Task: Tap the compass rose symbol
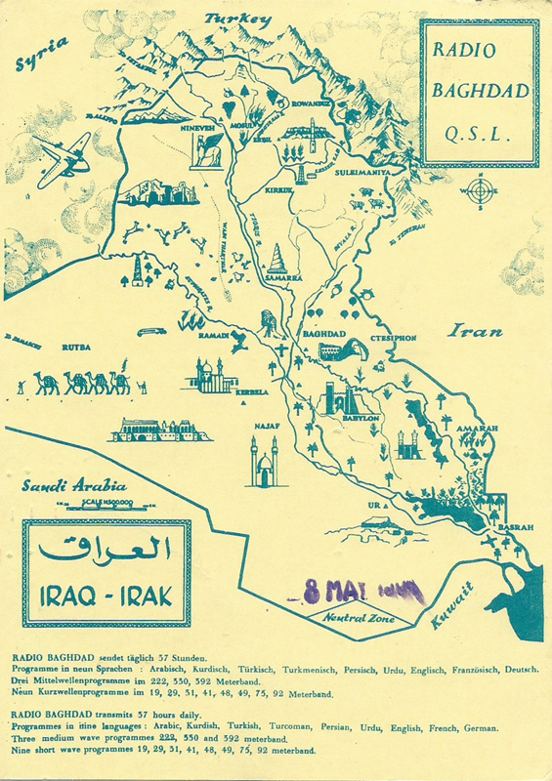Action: click(x=480, y=191)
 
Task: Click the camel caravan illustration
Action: click(x=83, y=383)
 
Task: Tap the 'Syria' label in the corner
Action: click(x=41, y=55)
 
